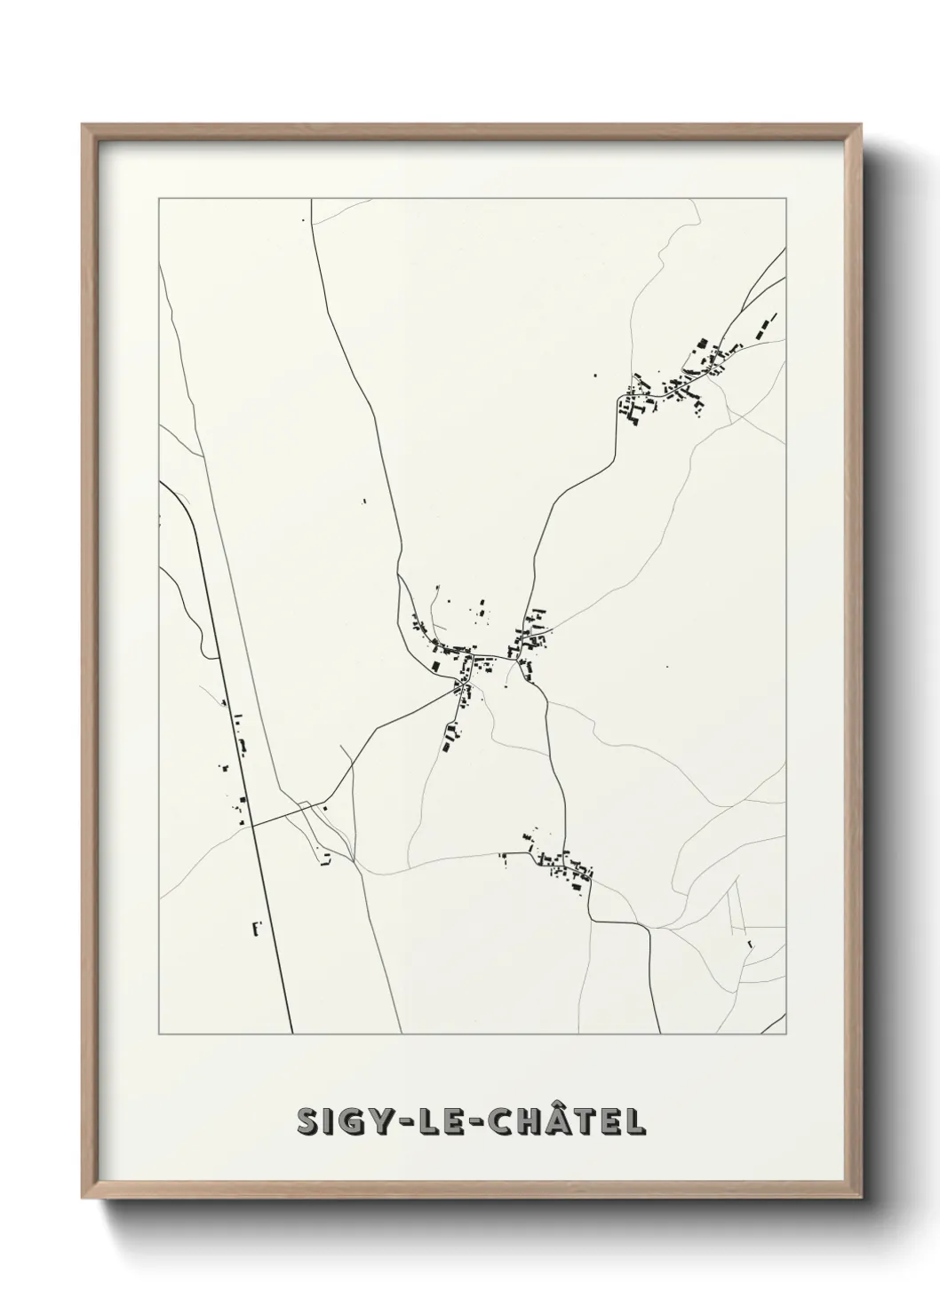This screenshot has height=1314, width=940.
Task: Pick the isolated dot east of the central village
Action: pos(667,667)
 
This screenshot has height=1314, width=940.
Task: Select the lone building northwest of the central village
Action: pos(364,502)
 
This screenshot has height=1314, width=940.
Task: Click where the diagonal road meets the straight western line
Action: pos(251,826)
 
